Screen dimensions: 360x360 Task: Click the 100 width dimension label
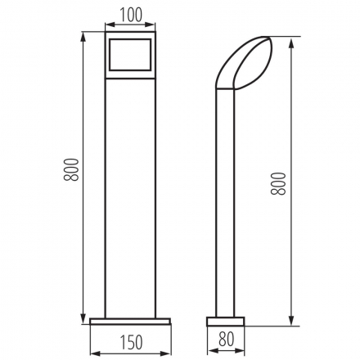click(x=131, y=15)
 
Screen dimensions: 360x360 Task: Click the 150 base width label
click(x=131, y=342)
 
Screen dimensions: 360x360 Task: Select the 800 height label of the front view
click(x=71, y=169)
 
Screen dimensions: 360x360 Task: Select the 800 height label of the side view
click(x=278, y=183)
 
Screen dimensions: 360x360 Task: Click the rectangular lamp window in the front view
click(x=130, y=55)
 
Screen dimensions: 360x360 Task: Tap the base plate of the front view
click(x=130, y=322)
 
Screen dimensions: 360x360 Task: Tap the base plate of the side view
click(x=225, y=322)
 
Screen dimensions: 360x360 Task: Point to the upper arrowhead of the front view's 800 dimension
click(x=83, y=37)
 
